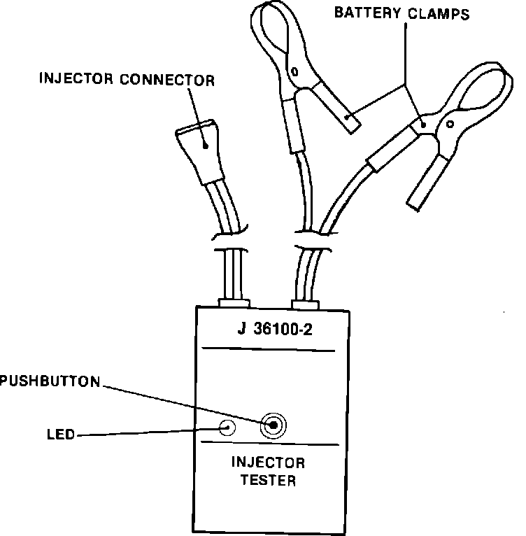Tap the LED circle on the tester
pos(227,427)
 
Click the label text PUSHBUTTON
pos(50,381)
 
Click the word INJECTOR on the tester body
pos(269,463)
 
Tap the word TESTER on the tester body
pos(269,481)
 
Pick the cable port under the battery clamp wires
pos(305,304)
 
